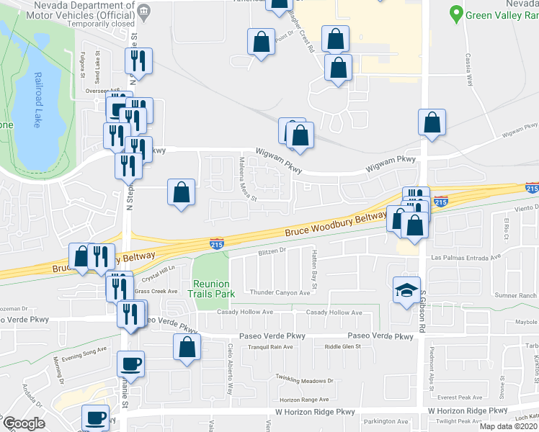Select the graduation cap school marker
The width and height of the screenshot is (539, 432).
[x=406, y=289]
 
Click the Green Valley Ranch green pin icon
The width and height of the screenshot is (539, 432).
[x=455, y=13]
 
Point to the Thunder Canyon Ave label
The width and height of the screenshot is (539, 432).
[x=279, y=292]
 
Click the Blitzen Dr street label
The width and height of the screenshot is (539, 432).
[x=272, y=252]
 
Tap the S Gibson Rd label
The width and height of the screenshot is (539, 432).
[x=424, y=318]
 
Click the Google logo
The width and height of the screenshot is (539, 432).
[x=23, y=424]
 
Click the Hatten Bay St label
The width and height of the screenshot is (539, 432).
[x=314, y=270]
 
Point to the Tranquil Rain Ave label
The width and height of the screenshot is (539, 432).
[x=269, y=347]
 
